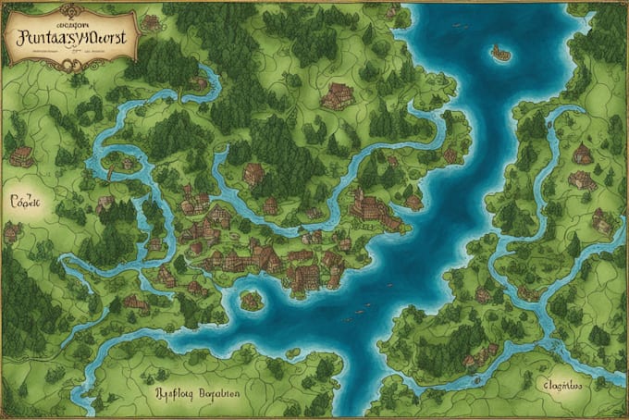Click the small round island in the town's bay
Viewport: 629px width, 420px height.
pos(251,300)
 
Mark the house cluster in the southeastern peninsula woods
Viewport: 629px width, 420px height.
pos(473,357)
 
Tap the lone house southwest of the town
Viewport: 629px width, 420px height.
pos(136,302)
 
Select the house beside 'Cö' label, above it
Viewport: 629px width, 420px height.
pos(21,156)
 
